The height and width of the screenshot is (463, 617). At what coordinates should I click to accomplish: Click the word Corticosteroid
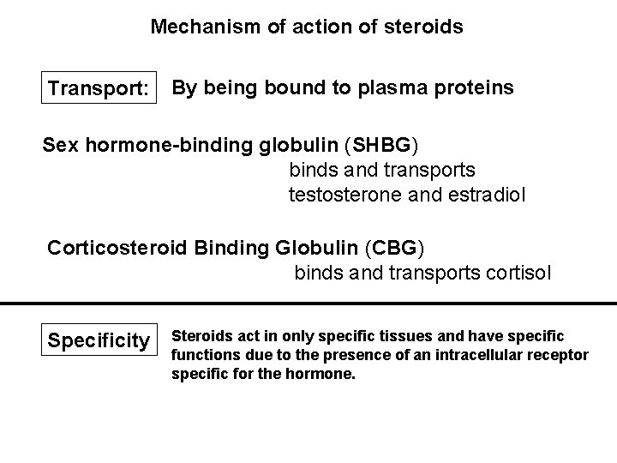coord(118,249)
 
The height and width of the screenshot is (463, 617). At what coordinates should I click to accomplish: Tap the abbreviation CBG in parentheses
coord(393,249)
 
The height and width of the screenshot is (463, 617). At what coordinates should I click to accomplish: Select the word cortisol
coord(518,274)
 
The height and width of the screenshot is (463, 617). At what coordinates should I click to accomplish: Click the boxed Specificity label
coord(99,340)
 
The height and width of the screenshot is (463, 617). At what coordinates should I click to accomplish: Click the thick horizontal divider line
coord(308,304)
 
